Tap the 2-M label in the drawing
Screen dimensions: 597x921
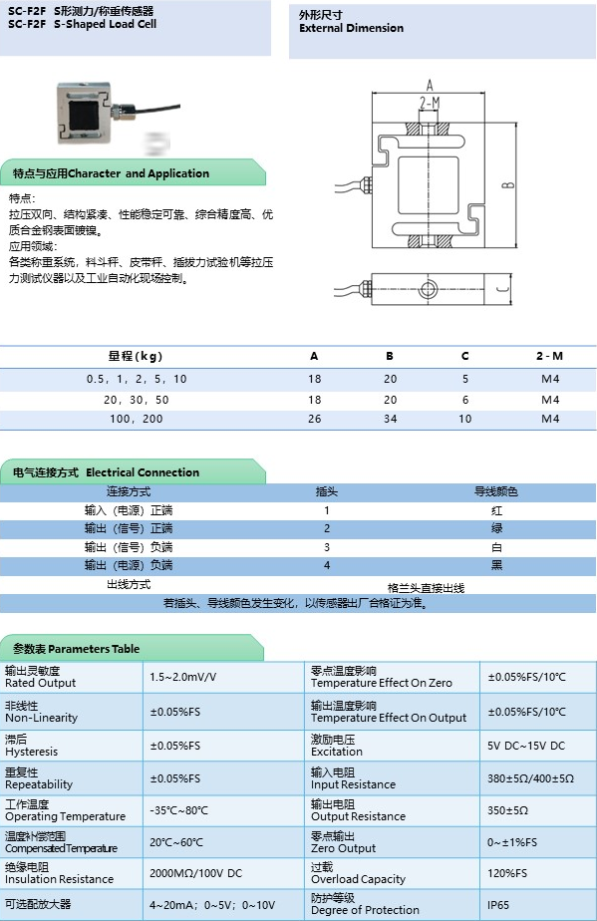(x=430, y=102)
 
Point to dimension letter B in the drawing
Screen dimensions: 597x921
(x=507, y=183)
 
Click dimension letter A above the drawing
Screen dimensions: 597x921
(x=430, y=85)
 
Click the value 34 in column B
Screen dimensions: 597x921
(x=390, y=419)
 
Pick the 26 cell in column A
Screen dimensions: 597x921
(x=315, y=419)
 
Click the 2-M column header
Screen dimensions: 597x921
(x=549, y=356)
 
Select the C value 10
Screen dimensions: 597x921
(x=464, y=419)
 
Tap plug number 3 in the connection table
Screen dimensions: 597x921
(x=326, y=547)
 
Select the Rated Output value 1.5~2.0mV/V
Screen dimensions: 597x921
(x=182, y=677)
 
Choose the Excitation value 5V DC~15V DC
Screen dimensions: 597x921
(x=526, y=746)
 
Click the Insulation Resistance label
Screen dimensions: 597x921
(x=59, y=879)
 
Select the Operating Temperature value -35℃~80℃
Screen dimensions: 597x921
(x=179, y=810)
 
